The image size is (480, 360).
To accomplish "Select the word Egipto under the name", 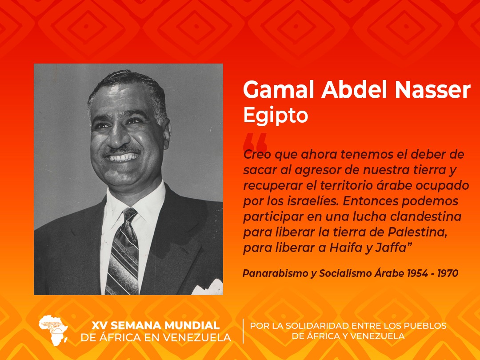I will tap(275, 115).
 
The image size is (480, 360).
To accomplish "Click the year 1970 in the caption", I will tap(448, 273).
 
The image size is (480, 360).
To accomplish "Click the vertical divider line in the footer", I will tap(243, 331).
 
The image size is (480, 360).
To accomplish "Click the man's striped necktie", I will tap(122, 253).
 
